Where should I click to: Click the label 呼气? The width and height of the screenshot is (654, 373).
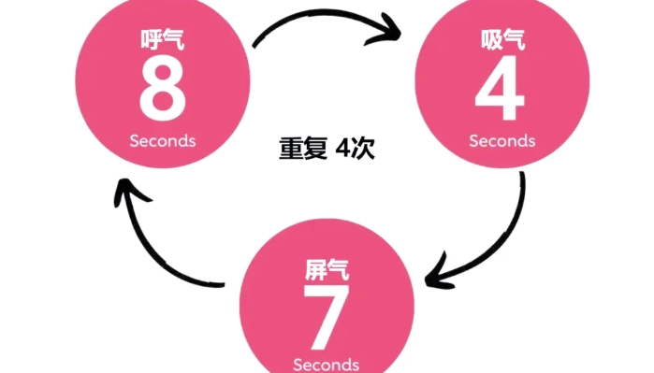click(161, 41)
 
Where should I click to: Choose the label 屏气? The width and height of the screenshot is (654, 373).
click(327, 272)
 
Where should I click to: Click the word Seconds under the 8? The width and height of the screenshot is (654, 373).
click(163, 140)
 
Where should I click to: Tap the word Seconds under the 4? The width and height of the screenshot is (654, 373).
click(501, 141)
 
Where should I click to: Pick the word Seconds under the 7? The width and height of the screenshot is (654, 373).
click(326, 363)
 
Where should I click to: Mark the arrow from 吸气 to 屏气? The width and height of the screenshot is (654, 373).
click(505, 234)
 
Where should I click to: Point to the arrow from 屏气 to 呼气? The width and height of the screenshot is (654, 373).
click(154, 243)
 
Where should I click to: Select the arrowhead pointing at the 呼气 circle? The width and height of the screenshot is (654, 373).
click(126, 192)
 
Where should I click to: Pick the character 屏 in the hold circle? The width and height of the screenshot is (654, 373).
click(315, 272)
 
